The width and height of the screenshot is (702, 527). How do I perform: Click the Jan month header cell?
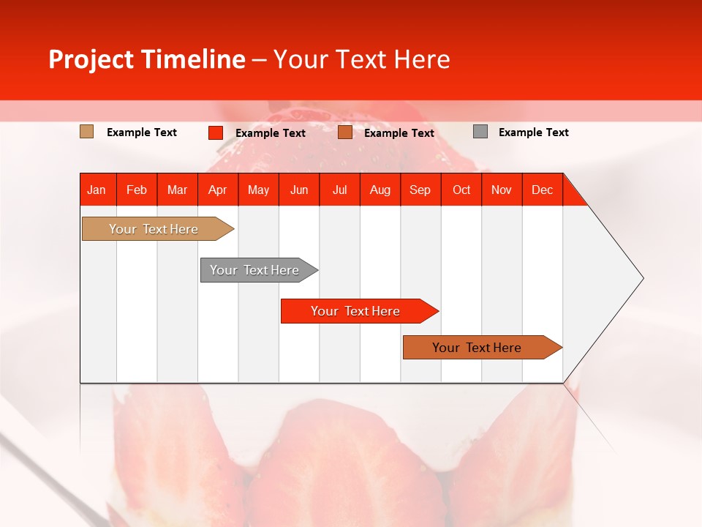[97, 190]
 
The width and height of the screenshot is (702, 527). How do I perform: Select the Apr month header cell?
[218, 190]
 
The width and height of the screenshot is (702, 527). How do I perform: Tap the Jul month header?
[339, 190]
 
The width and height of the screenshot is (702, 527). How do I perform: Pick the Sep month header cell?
[420, 190]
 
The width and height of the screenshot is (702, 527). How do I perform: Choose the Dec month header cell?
[542, 190]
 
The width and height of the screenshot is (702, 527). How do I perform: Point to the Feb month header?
[137, 190]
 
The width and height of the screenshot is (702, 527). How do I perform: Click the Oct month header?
[461, 190]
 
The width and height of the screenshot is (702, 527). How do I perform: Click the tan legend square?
[87, 132]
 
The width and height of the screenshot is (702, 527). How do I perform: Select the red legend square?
[215, 132]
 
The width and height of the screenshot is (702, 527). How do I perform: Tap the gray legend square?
[480, 132]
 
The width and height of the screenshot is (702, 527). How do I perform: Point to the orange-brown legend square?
[345, 132]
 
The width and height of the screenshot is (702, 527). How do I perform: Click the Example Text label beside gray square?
[533, 132]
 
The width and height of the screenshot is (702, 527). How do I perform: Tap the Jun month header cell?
[299, 190]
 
